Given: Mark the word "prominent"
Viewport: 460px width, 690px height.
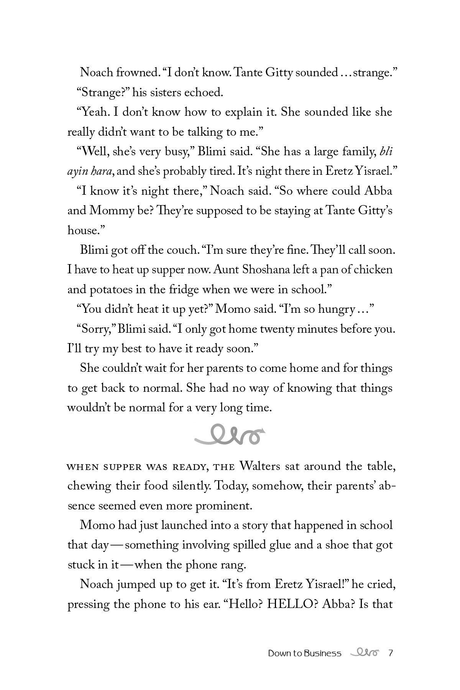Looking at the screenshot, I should coord(224,506).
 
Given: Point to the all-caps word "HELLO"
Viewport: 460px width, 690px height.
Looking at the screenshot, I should coord(292,604).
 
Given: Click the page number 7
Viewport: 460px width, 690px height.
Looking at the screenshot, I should coord(391,653).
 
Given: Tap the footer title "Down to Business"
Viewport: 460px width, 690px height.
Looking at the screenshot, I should coord(304,653).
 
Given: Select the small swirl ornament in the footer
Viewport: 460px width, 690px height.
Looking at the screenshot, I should coord(364,652).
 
